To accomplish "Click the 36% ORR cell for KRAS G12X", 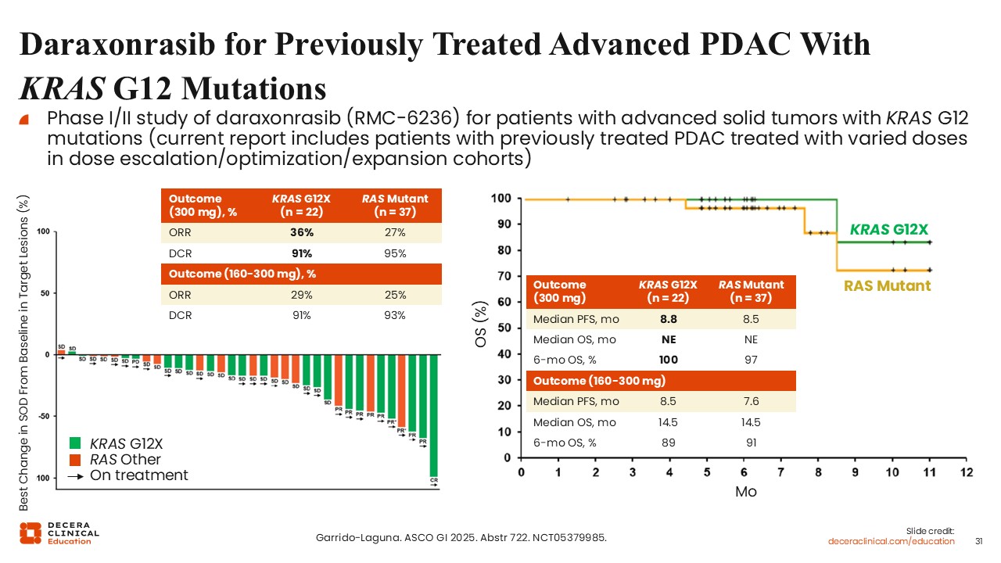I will (x=301, y=232).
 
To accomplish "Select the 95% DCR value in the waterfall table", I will (x=395, y=253).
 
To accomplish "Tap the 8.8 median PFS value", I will (x=669, y=319).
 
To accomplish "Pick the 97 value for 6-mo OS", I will (x=751, y=360).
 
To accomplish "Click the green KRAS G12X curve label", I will (x=888, y=230).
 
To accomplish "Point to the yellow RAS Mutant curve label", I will (x=887, y=285).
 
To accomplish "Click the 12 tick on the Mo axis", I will (x=967, y=472).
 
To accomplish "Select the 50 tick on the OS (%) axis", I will (x=506, y=328).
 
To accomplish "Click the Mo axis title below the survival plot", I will (x=745, y=492).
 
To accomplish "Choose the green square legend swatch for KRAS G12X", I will (x=76, y=443).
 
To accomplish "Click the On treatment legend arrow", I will (x=76, y=475).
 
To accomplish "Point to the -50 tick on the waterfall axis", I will (x=44, y=416).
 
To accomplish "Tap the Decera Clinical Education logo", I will (x=59, y=533).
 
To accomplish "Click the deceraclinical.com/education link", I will (x=892, y=541).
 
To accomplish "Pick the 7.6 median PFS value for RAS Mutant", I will (x=751, y=401).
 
